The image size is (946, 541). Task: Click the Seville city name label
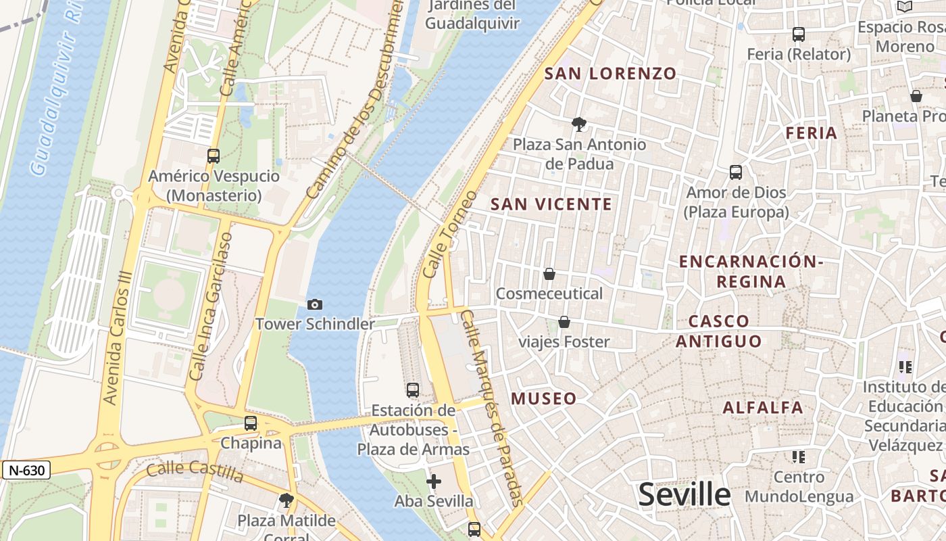coord(684,495)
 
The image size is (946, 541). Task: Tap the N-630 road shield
coord(26,470)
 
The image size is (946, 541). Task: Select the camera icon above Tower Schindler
coord(315,305)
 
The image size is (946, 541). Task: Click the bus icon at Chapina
coord(251,423)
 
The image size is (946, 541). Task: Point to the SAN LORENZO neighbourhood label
coord(610,74)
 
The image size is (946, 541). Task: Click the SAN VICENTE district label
coord(551,204)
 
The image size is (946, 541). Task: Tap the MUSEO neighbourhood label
coord(544,398)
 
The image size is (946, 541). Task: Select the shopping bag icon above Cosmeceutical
coord(549,274)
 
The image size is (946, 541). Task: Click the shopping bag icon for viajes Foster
coord(564,322)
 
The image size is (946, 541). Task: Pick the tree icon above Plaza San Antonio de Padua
coord(578,124)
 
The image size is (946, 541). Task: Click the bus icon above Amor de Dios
coord(736,172)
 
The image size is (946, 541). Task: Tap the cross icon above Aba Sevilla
coord(434,481)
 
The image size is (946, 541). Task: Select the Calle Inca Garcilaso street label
coord(211,306)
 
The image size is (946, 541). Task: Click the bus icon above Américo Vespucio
coord(214,156)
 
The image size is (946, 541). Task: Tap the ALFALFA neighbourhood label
coord(763,407)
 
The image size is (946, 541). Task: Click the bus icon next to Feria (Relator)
coord(799,34)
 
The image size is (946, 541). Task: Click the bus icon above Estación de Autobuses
coord(413,390)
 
